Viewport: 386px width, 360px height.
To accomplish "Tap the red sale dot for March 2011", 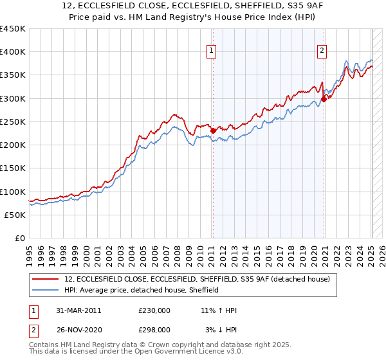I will pos(213,131).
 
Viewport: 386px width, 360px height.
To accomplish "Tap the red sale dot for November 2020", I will pos(324,99).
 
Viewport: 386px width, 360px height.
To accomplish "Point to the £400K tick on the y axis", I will pos(13,52).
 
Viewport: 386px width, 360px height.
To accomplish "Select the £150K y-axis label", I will pos(13,168).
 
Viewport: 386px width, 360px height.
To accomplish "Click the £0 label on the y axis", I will pos(21,239).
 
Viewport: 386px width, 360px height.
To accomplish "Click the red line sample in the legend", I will pos(46,280).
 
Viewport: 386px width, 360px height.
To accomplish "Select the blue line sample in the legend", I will pos(46,291).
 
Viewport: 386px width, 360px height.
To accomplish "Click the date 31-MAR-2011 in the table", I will pos(79,310).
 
